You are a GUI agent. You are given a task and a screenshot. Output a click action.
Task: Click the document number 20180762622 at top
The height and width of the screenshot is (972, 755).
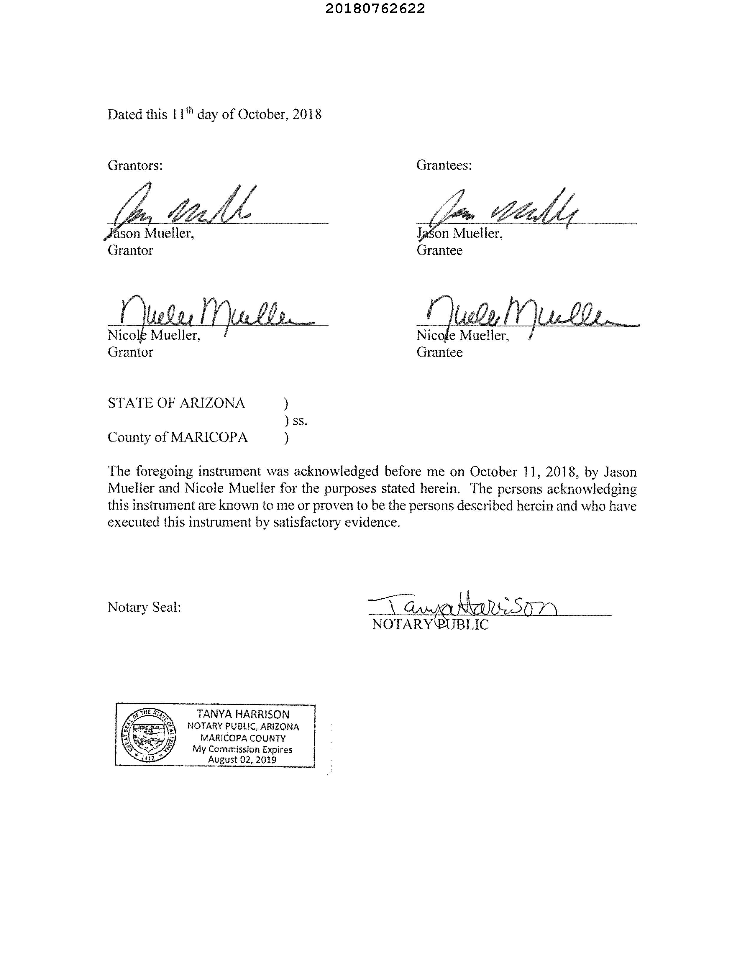click(375, 9)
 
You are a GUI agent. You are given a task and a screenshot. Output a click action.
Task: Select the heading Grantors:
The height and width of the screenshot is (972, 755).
click(135, 165)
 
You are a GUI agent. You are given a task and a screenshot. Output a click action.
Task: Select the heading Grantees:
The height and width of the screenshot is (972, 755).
click(444, 165)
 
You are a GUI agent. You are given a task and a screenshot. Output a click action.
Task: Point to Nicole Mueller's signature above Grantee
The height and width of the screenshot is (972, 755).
click(525, 314)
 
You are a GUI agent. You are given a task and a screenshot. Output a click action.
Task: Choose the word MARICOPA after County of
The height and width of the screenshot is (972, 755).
click(209, 438)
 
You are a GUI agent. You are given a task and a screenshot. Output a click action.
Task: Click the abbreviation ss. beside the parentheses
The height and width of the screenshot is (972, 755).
click(300, 421)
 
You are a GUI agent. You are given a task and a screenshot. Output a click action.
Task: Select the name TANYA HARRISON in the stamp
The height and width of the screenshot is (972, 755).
click(243, 714)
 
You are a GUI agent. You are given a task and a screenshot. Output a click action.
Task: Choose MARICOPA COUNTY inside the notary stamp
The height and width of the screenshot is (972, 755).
click(243, 738)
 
